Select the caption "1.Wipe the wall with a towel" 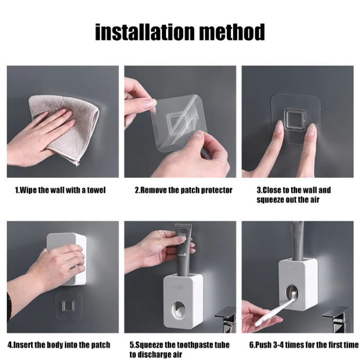coord(60,190)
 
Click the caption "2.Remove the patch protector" coord(184,190)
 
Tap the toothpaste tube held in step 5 coord(184,250)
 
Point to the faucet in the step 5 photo coord(226,320)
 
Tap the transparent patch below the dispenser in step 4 coord(68,307)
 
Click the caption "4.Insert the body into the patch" coord(59,345)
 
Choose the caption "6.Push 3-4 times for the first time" coord(304,345)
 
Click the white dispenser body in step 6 coord(298,284)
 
